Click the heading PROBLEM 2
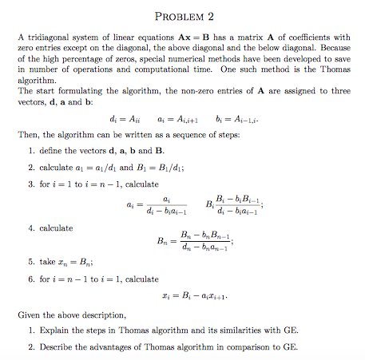pyautogui.click(x=183, y=15)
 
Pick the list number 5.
pyautogui.click(x=30, y=261)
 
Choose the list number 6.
pyautogui.click(x=30, y=279)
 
